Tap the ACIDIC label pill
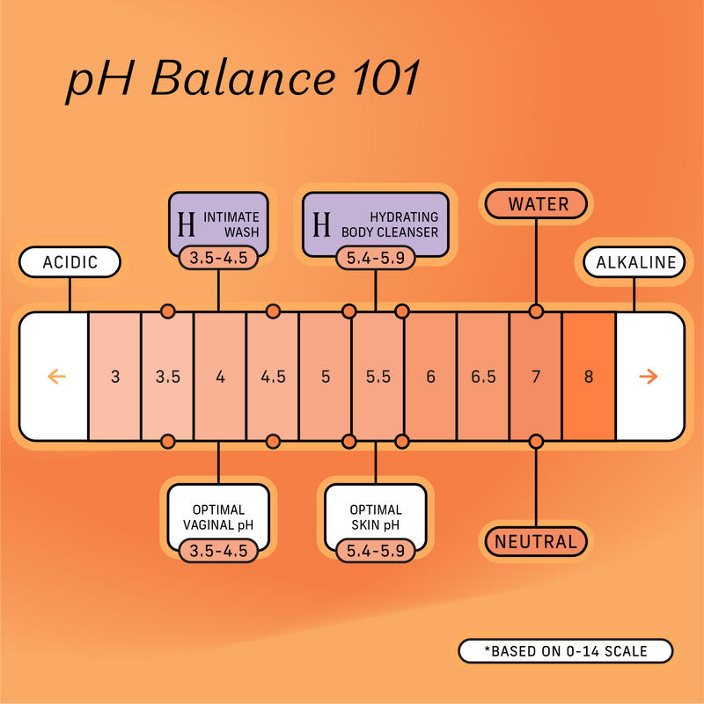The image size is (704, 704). pos(70,262)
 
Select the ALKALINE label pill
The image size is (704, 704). pos(635,262)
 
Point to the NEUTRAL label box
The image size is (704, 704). pos(536,541)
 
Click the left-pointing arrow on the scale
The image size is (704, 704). pos(55,377)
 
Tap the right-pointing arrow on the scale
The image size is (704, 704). pos(649,377)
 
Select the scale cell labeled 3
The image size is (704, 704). pos(115,377)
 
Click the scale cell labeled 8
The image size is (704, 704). pos(589,377)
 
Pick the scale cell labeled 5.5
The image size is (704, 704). pos(378,377)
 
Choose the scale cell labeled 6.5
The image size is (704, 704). pos(483,377)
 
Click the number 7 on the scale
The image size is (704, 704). pos(536,377)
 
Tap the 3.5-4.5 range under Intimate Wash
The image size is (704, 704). pos(218,259)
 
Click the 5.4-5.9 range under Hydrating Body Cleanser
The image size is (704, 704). pos(376,259)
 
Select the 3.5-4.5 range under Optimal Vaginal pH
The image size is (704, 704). pos(218,551)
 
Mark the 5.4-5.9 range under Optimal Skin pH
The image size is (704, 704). pos(376,551)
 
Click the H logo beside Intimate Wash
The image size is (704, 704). pos(186,224)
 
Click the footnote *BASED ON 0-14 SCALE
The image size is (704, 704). pos(565,651)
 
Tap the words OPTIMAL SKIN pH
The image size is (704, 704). pos(376,517)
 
